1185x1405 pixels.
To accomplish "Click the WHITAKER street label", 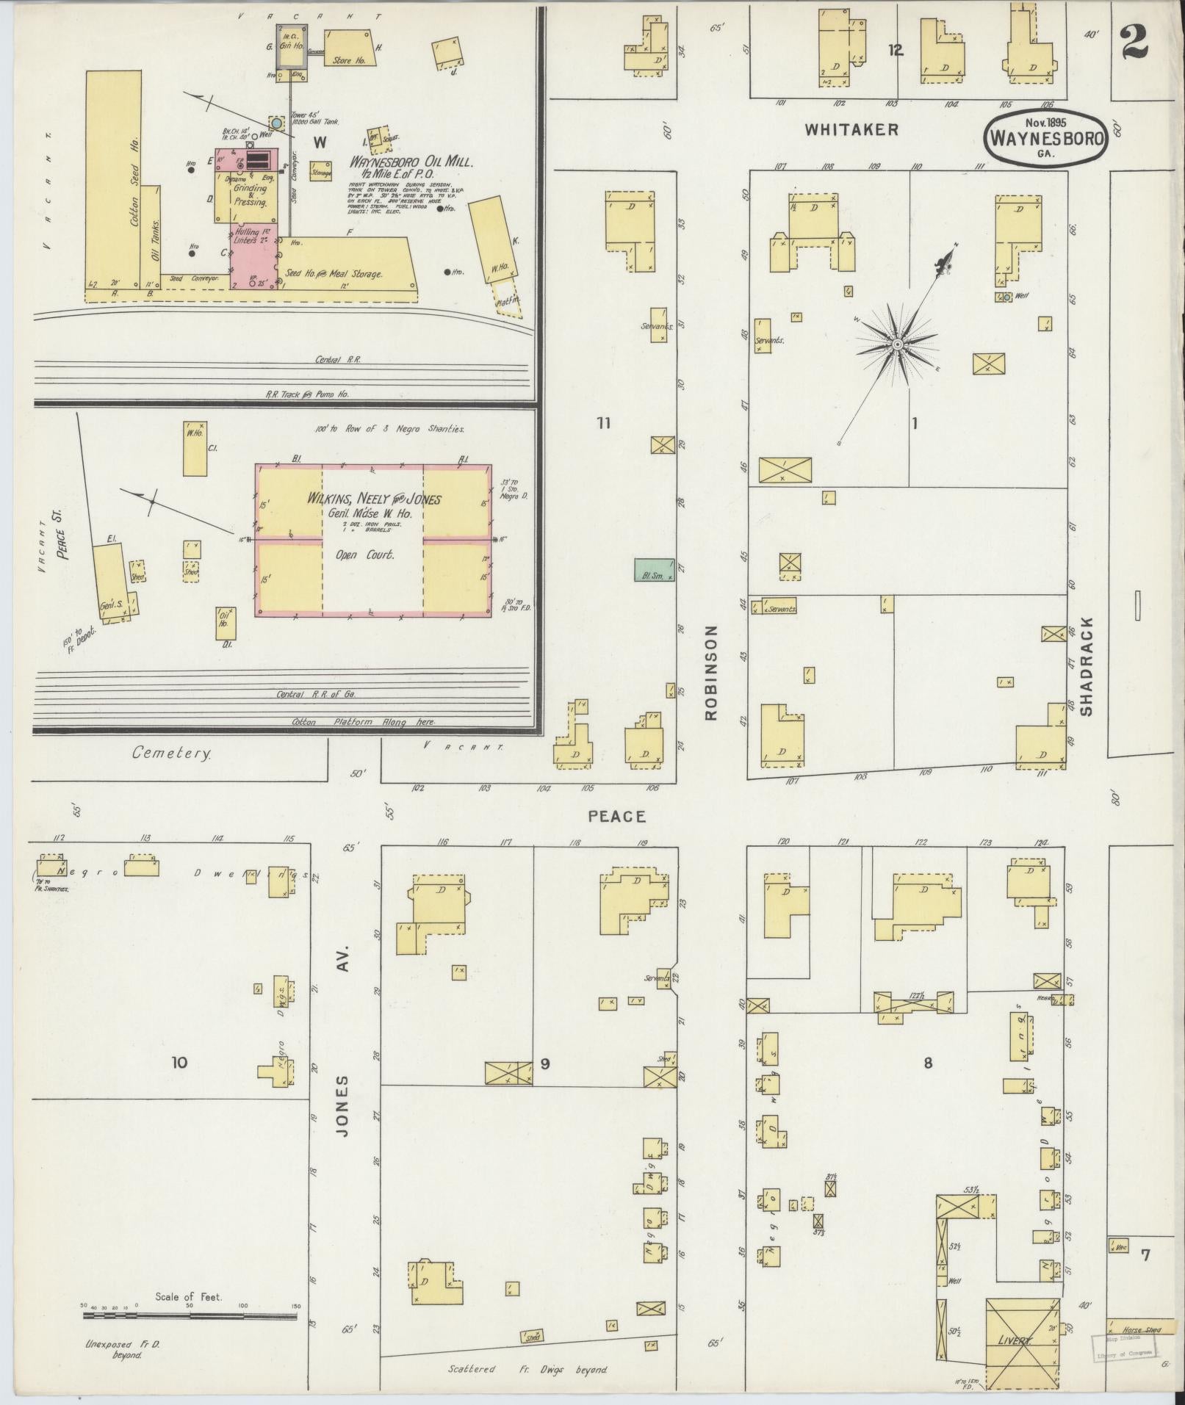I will pos(851,130).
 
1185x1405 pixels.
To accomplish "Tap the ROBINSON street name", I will pos(710,673).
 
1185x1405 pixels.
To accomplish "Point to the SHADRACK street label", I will pos(1088,666).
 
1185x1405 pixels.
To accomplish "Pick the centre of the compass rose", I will pos(897,344).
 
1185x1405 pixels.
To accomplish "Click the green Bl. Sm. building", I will pos(654,570).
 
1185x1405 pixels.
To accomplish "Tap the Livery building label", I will pos(1015,1340).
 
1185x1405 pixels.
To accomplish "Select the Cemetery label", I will pos(171,753).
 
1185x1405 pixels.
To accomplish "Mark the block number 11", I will pos(604,422).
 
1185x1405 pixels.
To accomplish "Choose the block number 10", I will pos(179,1062).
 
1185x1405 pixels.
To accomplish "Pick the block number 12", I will pos(895,51).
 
